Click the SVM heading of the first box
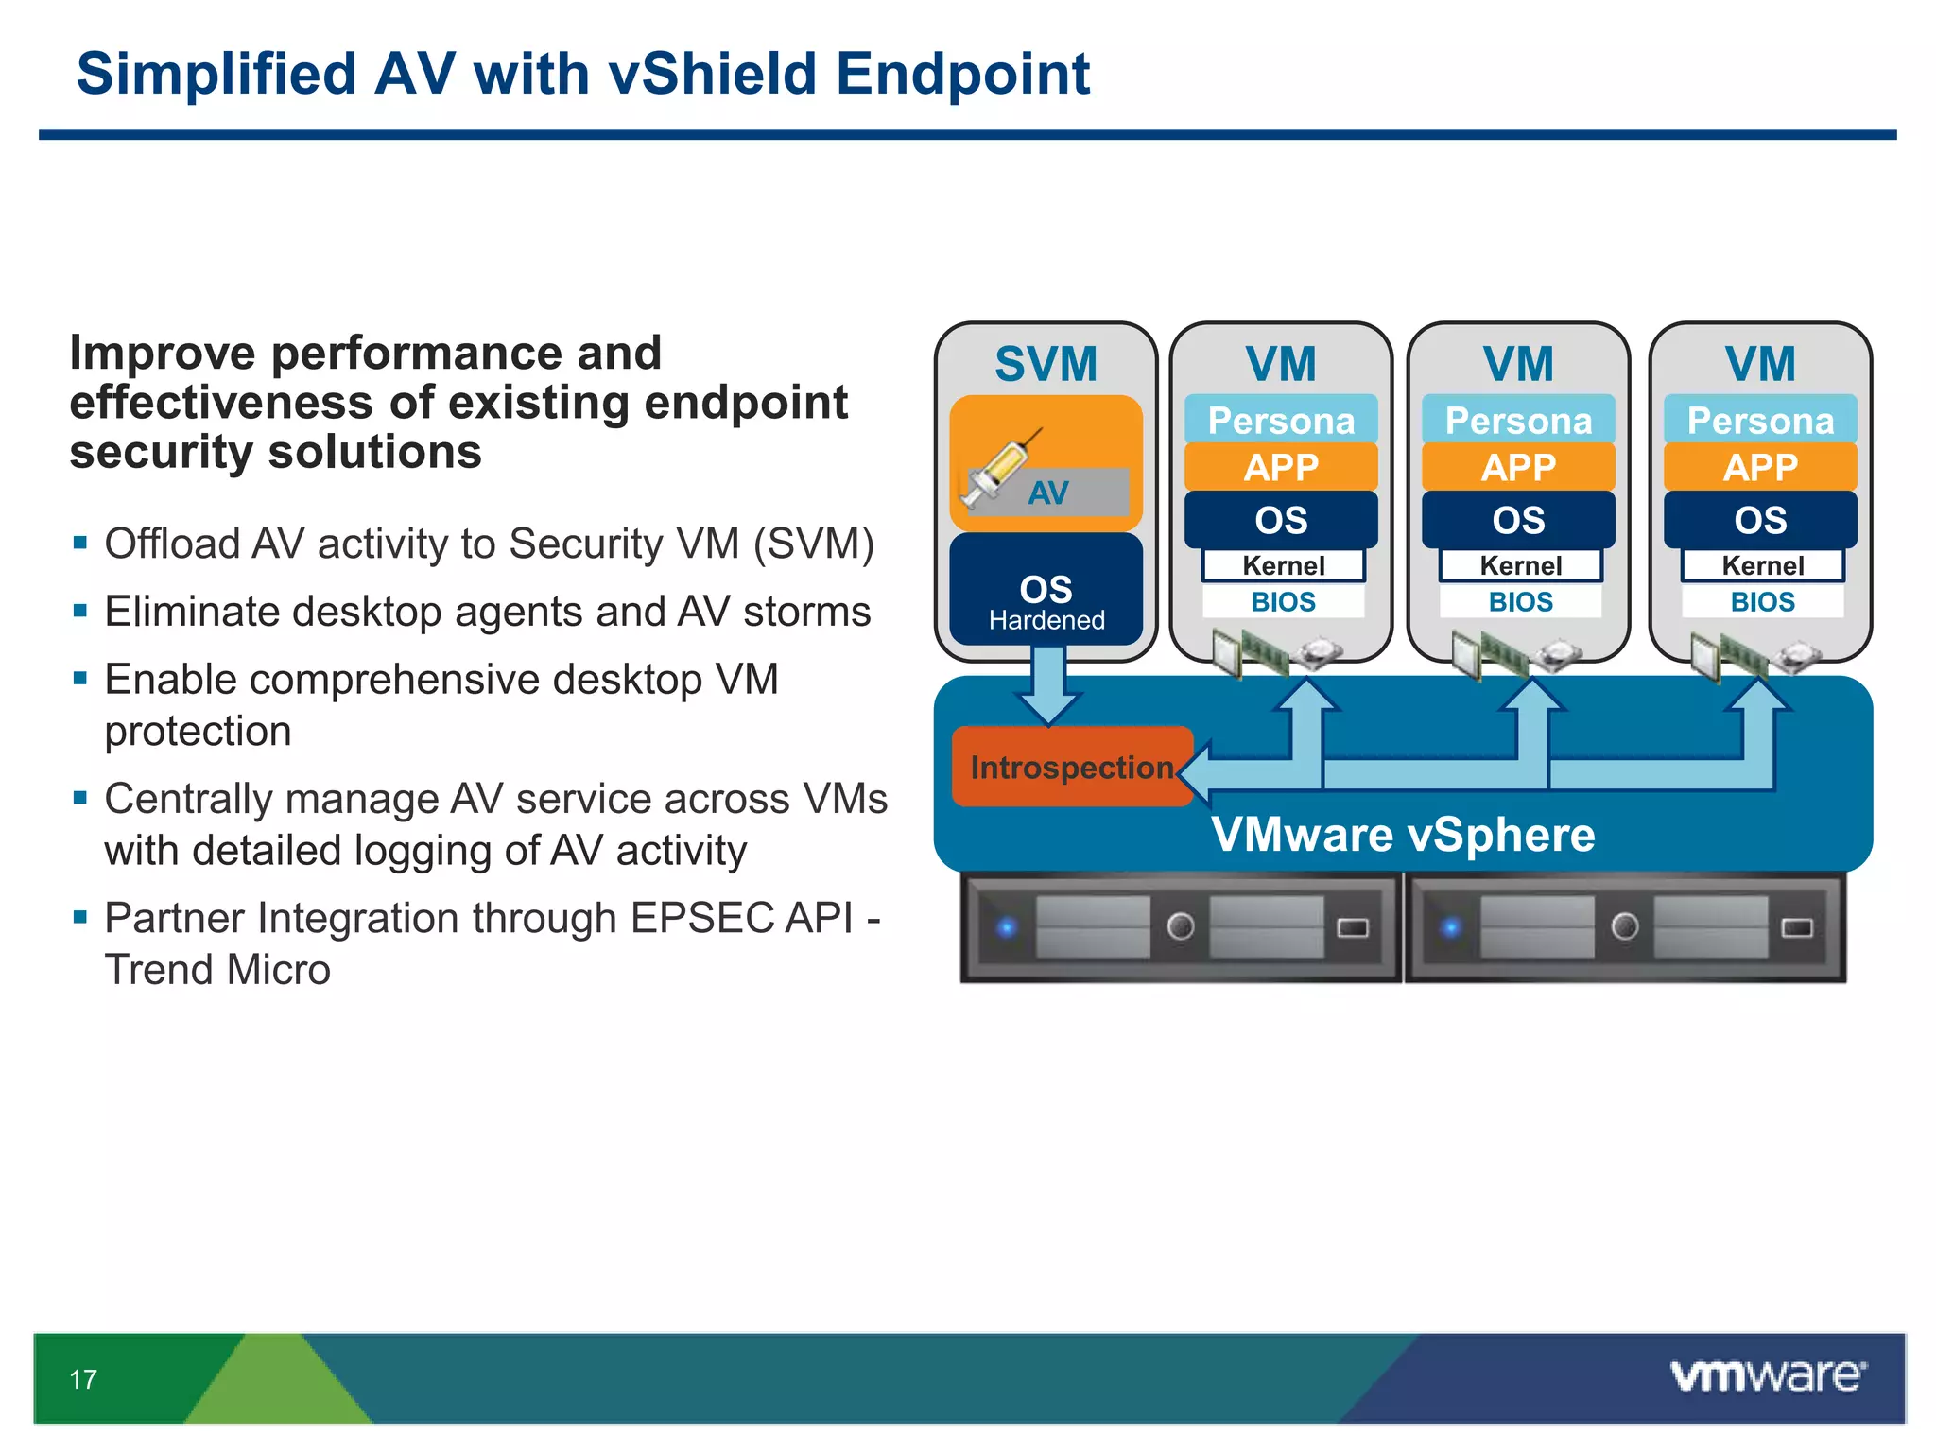[x=1046, y=364]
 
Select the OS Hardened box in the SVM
[x=1046, y=591]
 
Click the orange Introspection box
[x=1071, y=767]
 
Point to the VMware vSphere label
[x=1403, y=835]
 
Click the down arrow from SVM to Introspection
[x=1048, y=685]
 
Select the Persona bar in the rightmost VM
[x=1760, y=420]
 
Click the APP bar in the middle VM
[x=1518, y=467]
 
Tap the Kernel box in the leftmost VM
[x=1283, y=565]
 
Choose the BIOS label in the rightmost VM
[x=1762, y=602]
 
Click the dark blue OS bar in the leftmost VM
[x=1281, y=520]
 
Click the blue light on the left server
[x=1008, y=926]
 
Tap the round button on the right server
[x=1624, y=925]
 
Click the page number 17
[x=83, y=1379]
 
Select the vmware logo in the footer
[x=1766, y=1375]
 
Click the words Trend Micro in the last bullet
[x=217, y=970]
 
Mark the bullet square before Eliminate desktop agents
[x=80, y=611]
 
